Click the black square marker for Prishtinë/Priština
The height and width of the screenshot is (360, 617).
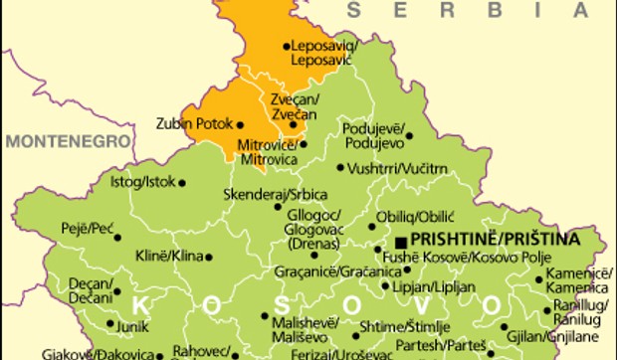pos(400,242)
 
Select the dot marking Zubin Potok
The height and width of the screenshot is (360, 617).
pos(240,124)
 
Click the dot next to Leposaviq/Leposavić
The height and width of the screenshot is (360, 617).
pos(287,46)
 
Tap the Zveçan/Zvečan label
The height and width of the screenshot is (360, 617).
pos(294,107)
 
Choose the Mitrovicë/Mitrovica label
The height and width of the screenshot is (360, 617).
pos(269,151)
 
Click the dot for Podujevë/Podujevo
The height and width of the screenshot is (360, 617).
pos(409,135)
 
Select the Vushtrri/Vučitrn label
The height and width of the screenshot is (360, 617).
pos(398,169)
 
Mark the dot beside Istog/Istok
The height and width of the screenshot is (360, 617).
pos(181,182)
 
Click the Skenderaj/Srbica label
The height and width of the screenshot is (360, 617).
pos(276,193)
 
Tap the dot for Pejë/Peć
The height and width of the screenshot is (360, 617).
pos(117,237)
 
